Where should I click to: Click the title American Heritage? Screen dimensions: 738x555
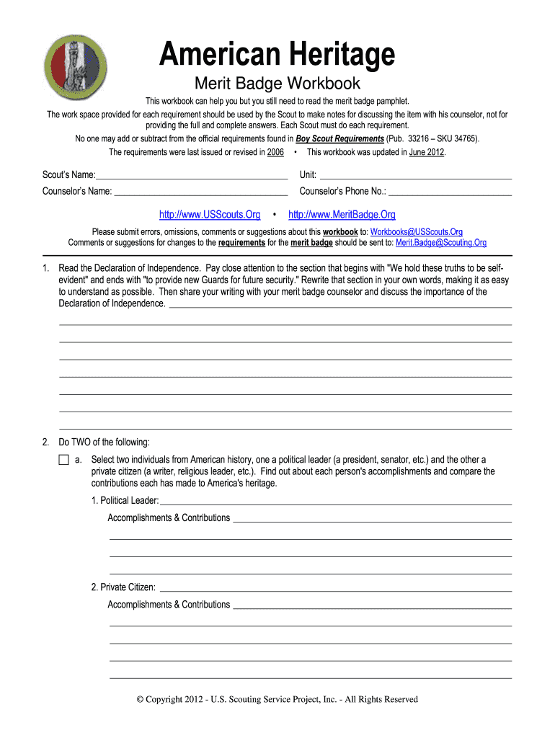[x=277, y=55]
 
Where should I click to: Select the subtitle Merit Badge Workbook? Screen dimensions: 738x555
[x=277, y=84]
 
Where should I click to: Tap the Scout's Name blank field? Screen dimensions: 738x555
[x=192, y=175]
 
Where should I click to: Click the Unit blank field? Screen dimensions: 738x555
[x=415, y=175]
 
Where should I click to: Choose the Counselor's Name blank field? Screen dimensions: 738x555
[x=201, y=191]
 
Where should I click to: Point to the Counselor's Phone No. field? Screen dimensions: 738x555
[x=450, y=191]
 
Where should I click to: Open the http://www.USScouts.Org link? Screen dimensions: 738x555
[x=209, y=215]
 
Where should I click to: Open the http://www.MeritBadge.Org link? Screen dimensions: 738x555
[x=342, y=215]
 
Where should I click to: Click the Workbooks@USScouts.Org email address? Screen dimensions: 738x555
[x=416, y=232]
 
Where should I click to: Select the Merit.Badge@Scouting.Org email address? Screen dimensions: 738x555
[x=441, y=243]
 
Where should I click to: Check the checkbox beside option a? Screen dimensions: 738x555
[x=63, y=460]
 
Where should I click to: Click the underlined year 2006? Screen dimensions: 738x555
[x=275, y=153]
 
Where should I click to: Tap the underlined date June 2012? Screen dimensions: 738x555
[x=427, y=153]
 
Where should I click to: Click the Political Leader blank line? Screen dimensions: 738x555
[x=336, y=501]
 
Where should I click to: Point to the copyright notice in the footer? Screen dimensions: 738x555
[x=277, y=699]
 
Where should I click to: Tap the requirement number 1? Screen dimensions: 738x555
[x=46, y=269]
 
